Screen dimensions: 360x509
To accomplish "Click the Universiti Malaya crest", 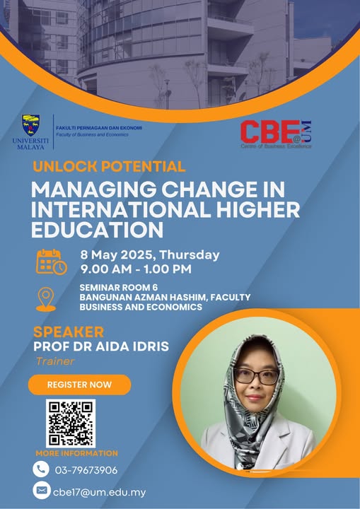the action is click(x=30, y=125).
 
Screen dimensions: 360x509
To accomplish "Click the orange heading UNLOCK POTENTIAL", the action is click(x=109, y=167).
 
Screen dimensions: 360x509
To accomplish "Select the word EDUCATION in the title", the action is click(x=97, y=230).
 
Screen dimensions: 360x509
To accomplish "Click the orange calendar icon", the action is click(x=52, y=262).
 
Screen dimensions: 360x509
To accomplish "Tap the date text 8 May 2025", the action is click(x=117, y=255).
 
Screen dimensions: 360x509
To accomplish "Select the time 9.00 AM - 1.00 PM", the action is click(x=136, y=269).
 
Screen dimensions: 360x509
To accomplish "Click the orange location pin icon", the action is click(x=46, y=299).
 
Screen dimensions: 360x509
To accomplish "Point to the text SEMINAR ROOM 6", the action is click(x=119, y=287).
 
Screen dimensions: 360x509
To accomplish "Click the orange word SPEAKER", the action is click(x=69, y=332).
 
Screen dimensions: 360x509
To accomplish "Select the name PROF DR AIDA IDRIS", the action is click(x=101, y=346).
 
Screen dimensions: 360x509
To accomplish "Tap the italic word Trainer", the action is click(x=55, y=361).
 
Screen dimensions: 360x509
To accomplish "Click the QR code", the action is click(x=71, y=423).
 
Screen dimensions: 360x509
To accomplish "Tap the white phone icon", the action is click(x=41, y=469).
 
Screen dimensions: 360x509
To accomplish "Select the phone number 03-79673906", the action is click(x=86, y=470).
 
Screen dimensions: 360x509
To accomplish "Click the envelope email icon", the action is click(x=42, y=491).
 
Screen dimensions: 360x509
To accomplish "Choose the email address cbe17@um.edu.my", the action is click(x=99, y=493).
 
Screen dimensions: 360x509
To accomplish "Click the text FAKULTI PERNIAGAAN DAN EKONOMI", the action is click(x=99, y=128).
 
